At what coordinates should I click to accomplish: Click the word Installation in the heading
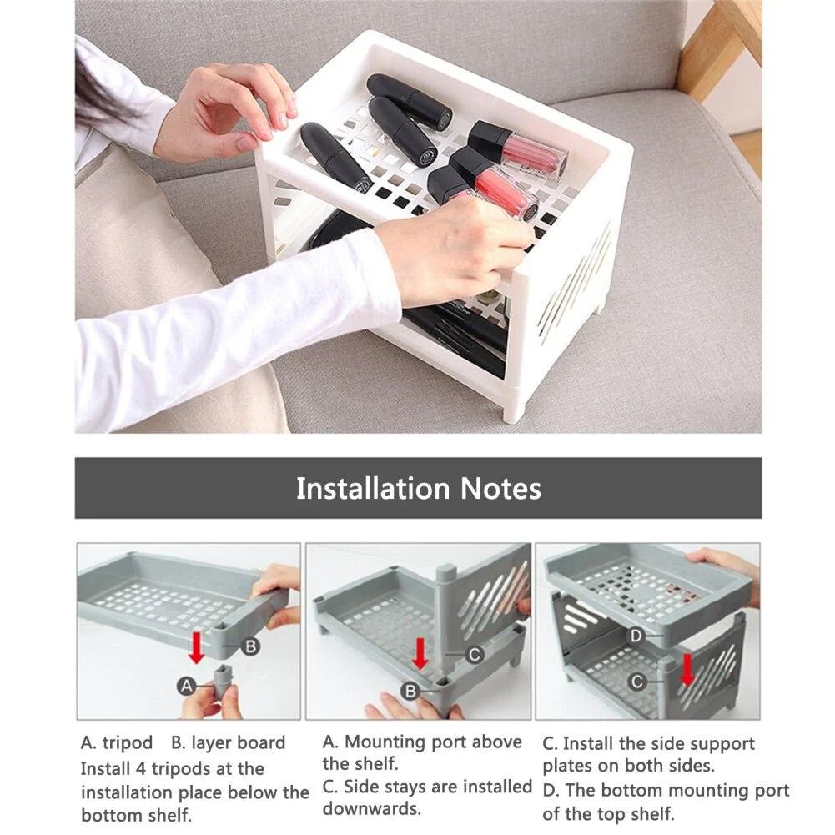pos(373,488)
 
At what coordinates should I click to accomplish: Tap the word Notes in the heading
pos(500,488)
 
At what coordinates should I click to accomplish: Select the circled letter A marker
pos(186,686)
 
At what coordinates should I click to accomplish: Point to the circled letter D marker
pos(636,636)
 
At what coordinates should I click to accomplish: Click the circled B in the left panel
pos(250,646)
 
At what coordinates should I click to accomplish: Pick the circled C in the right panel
pos(637,682)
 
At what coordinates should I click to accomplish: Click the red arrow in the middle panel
pos(420,653)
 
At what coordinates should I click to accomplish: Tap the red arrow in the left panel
pos(197,647)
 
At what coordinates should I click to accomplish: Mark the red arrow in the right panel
pos(687,670)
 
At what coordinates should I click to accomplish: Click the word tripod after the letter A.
pos(128,742)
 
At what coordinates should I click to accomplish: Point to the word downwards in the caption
pos(372,808)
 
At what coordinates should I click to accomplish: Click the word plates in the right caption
pos(566,766)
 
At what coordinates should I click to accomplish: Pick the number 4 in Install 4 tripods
pos(141,769)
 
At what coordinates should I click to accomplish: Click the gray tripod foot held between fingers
pos(224,682)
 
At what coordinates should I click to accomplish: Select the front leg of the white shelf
pos(513,405)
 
